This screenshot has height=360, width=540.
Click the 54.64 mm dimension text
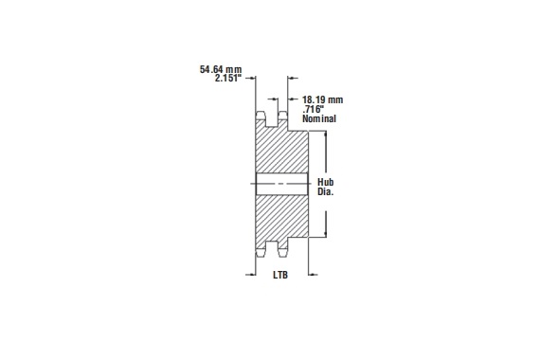[221, 69]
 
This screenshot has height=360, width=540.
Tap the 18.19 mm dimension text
[321, 99]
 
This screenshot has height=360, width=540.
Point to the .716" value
[314, 110]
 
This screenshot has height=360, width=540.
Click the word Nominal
[320, 120]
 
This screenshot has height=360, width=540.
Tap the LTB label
[279, 277]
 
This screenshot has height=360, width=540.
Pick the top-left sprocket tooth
[261, 118]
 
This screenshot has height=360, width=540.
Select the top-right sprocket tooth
[283, 118]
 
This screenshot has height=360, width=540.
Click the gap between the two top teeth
[273, 121]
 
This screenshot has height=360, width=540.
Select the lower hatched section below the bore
[281, 216]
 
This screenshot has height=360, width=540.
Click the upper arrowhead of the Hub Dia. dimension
[326, 135]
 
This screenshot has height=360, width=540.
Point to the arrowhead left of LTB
[251, 276]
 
